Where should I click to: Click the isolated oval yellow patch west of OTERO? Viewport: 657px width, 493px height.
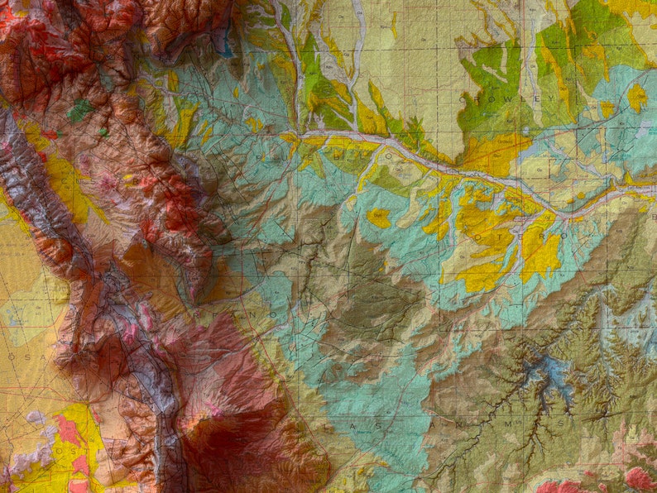pos(379,218)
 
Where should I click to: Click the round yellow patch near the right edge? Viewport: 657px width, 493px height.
pos(636,98)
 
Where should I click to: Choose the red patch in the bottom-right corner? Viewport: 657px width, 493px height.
pos(639,478)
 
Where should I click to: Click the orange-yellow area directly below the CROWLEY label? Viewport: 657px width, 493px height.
pos(496,153)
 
